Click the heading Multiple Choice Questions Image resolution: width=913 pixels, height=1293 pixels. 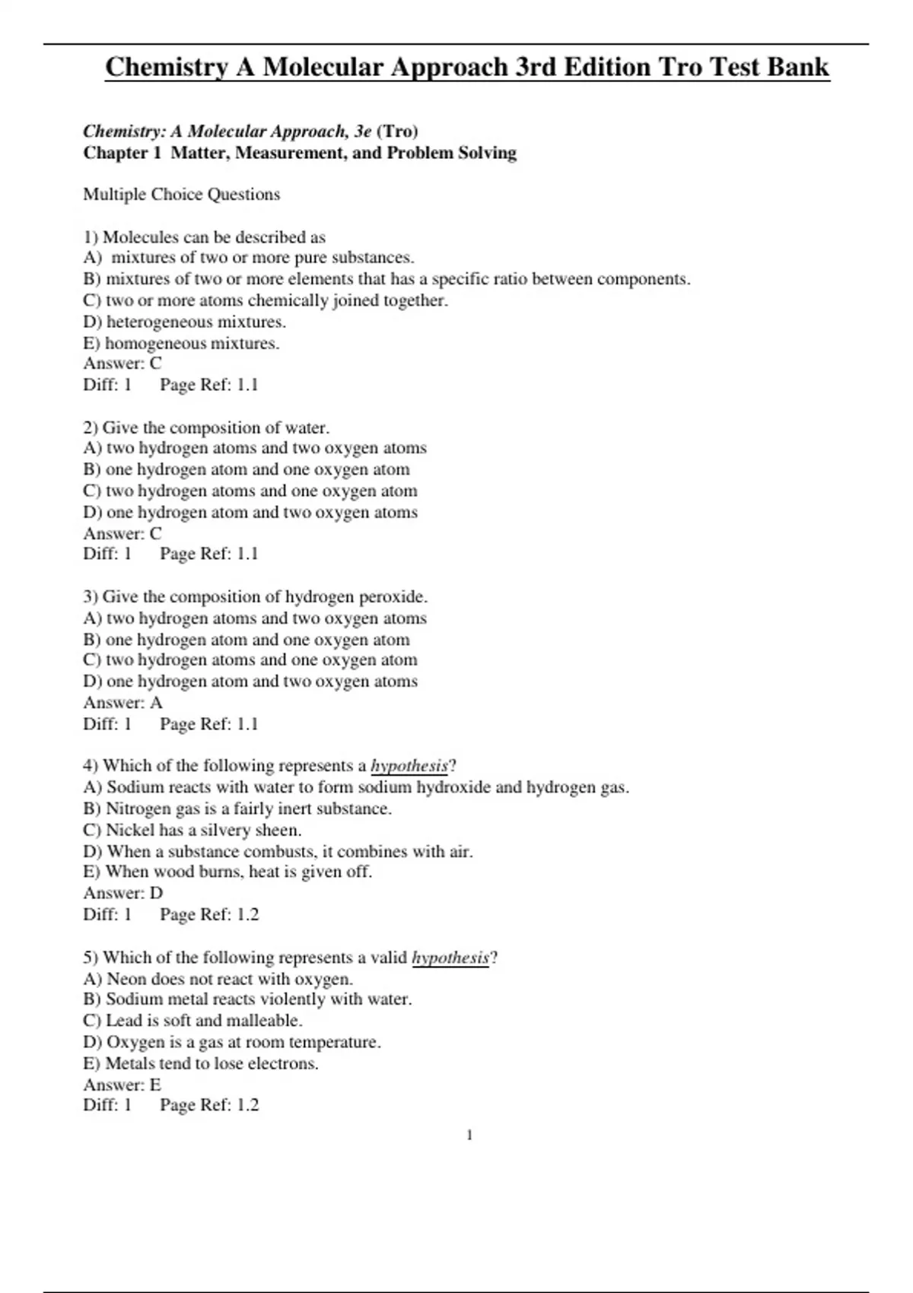point(181,195)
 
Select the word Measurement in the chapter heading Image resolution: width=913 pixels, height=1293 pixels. point(289,153)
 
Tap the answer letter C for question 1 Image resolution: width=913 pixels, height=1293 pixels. point(156,364)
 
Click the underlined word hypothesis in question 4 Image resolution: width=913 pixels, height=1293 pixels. point(409,766)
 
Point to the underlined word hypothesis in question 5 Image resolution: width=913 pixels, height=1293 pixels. point(450,958)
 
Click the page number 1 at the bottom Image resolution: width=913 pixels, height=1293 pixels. point(469,1136)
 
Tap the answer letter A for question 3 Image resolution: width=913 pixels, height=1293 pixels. point(156,703)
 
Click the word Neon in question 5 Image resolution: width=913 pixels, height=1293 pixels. point(126,979)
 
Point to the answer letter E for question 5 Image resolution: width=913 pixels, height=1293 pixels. point(155,1085)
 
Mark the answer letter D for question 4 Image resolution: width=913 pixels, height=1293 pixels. point(156,893)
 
